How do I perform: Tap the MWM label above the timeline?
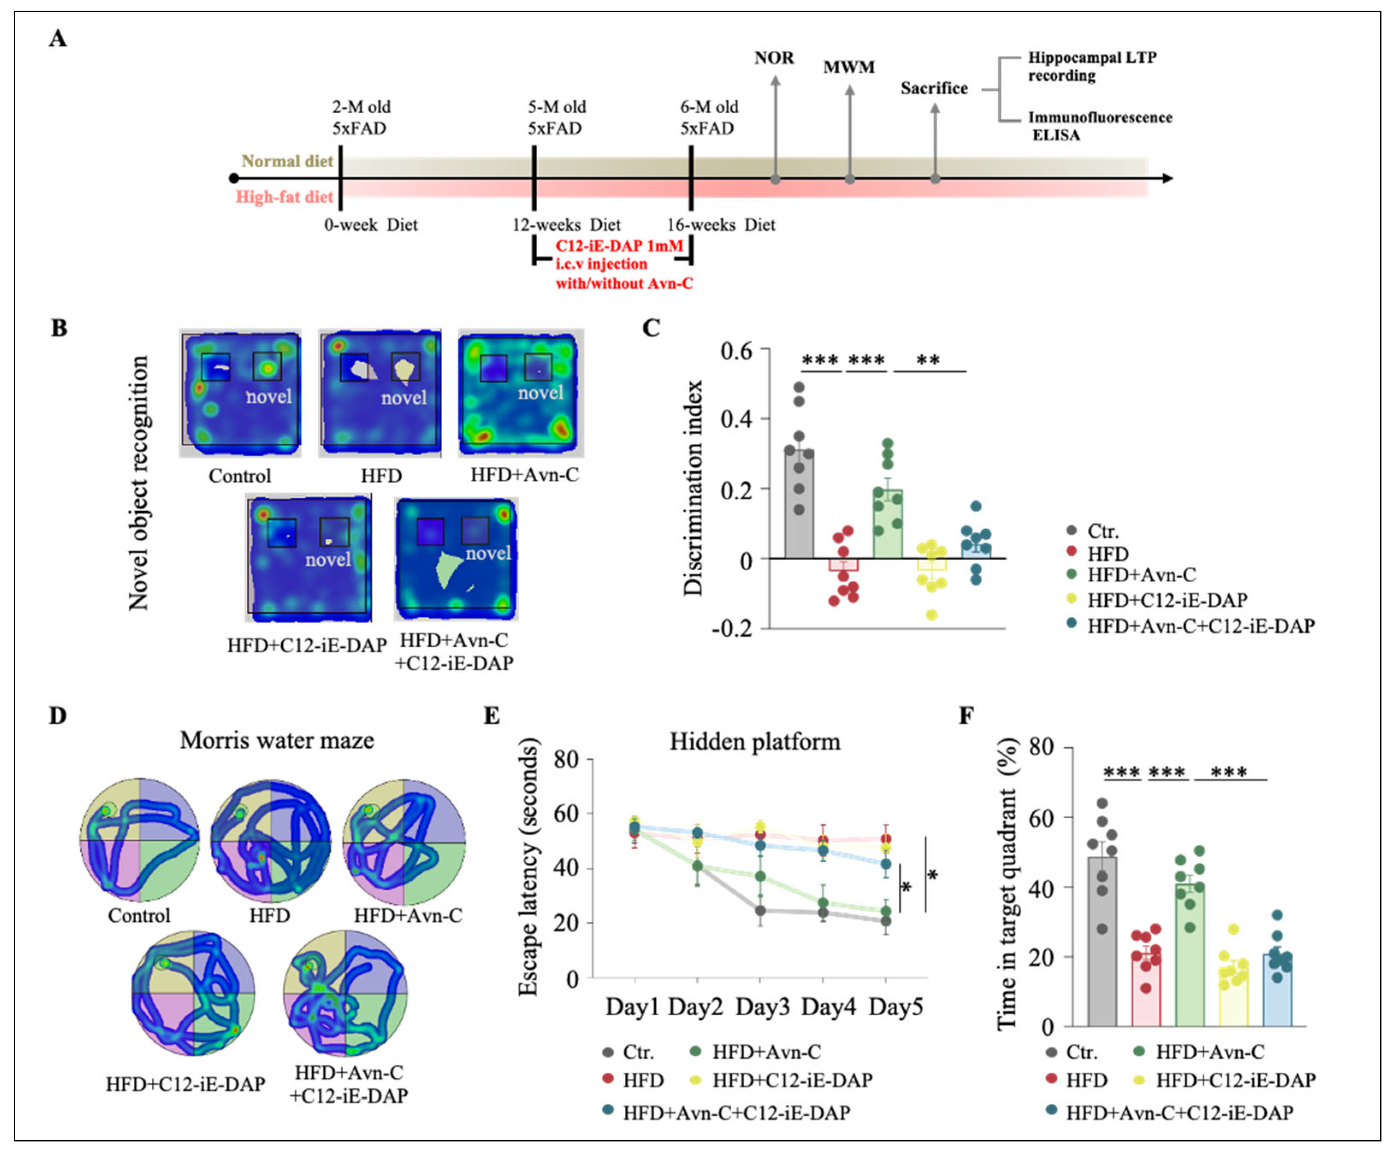[849, 67]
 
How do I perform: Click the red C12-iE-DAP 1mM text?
[618, 246]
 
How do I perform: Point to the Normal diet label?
[287, 162]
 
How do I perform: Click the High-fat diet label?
[284, 197]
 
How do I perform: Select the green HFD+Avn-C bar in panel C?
[887, 525]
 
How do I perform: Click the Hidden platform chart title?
[754, 741]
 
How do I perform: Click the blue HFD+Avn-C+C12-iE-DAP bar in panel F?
[1276, 990]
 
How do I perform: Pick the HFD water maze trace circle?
[270, 840]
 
